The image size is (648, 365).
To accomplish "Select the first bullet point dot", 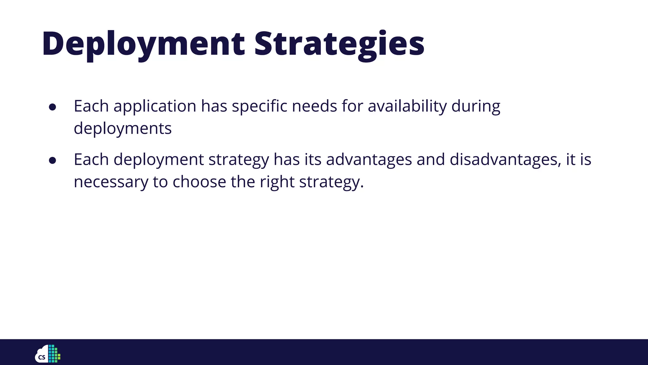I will click(53, 107).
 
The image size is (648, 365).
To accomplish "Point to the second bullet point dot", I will click(53, 161).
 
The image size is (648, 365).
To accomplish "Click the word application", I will click(155, 106).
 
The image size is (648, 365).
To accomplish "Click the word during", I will click(476, 106).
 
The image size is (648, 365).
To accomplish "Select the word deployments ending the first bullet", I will click(123, 129).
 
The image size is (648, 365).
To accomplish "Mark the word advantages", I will click(369, 160).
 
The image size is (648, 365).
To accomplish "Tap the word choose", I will click(199, 182).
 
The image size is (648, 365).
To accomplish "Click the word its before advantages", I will click(313, 160).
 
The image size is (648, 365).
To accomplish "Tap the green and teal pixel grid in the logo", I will click(54, 353).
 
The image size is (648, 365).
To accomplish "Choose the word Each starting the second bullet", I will click(91, 159).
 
